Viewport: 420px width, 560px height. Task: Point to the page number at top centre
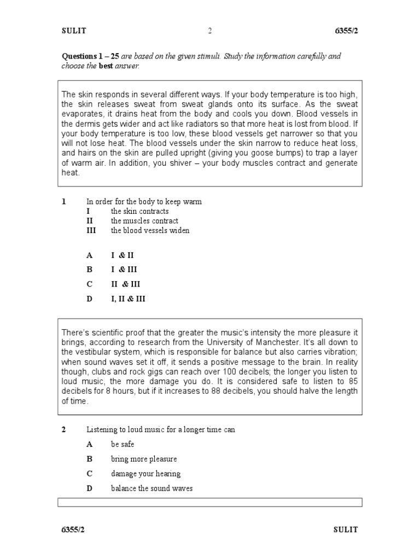coord(209,31)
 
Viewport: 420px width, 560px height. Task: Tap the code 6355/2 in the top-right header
coord(346,31)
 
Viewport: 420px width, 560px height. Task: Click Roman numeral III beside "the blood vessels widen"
coord(91,231)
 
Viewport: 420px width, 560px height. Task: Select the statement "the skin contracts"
coord(139,211)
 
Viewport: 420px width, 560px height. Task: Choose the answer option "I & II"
coord(122,255)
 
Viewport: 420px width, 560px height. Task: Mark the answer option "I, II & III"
coord(129,299)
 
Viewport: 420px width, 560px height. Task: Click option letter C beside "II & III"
coord(90,284)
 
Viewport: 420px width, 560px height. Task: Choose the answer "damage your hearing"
coord(145,474)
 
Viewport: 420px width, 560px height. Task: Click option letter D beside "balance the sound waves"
coord(90,488)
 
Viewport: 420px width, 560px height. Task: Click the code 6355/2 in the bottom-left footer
coord(73,530)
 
